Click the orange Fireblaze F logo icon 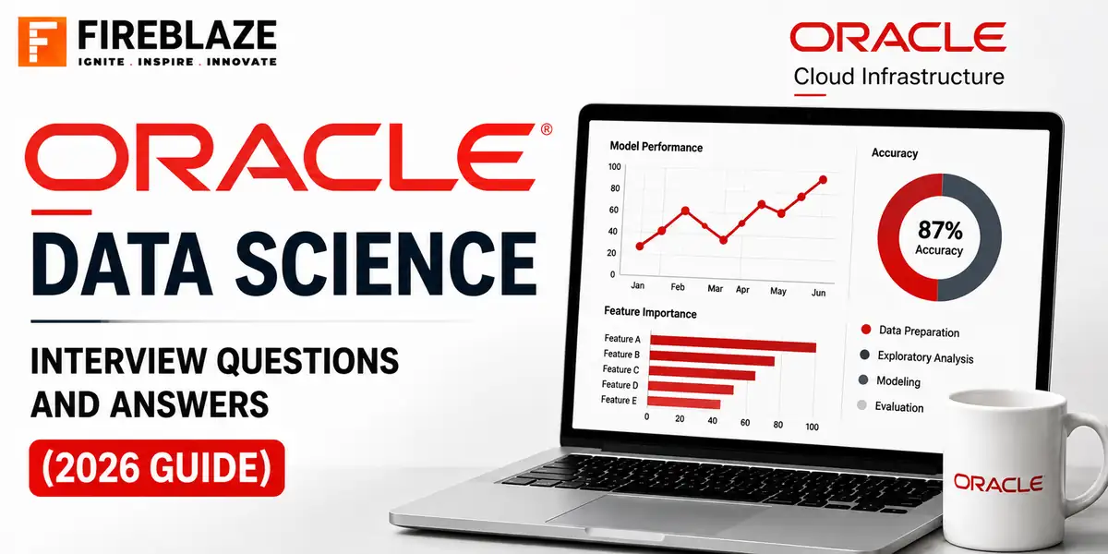coord(42,42)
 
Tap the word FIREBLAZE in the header coord(177,35)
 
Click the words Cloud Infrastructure coord(898,77)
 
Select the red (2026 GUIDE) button coord(157,468)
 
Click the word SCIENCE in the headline coord(386,264)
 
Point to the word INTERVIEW coord(119,361)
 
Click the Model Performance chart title coord(656,147)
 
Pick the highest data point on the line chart coord(823,179)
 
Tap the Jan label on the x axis coord(638,285)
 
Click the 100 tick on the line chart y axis coord(614,167)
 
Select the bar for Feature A coord(733,343)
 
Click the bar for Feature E coord(683,403)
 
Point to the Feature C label coord(620,369)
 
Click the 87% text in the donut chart coord(940,230)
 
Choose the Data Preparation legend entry coord(910,331)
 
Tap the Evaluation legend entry coord(890,406)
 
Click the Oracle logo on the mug coord(998,482)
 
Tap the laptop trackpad coord(657,510)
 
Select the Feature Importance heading coord(650,313)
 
